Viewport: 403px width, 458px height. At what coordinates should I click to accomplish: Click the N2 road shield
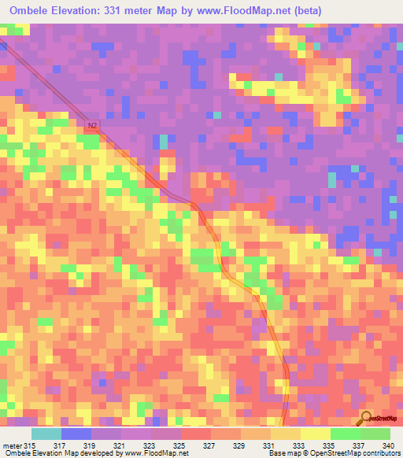(x=93, y=124)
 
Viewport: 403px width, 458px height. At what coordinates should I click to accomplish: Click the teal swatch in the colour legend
(x=46, y=434)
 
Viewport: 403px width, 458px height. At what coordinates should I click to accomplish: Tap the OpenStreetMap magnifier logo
(x=366, y=418)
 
